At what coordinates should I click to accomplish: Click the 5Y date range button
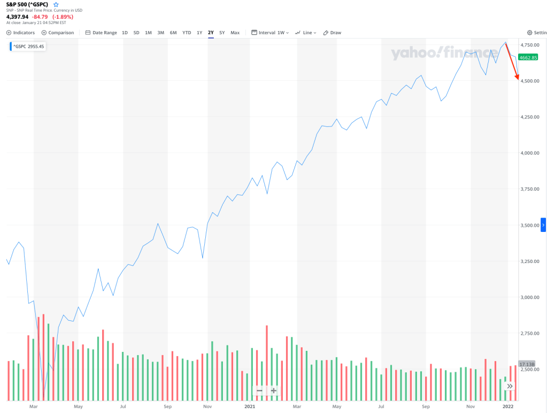(x=222, y=33)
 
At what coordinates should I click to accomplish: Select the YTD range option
(x=187, y=33)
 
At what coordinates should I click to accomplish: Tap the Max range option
(x=235, y=33)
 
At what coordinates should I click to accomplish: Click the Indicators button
(x=21, y=33)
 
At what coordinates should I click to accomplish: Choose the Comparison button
(x=58, y=33)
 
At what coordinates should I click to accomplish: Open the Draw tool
(x=332, y=33)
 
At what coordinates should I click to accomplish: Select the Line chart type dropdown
(x=306, y=33)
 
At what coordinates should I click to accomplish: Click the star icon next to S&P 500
(x=56, y=5)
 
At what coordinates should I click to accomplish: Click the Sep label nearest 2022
(x=426, y=407)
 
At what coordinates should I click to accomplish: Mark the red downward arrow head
(x=517, y=79)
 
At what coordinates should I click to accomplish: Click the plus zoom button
(x=274, y=391)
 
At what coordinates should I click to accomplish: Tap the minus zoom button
(x=259, y=391)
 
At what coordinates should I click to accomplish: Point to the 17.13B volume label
(x=527, y=364)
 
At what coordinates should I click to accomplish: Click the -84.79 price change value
(x=40, y=17)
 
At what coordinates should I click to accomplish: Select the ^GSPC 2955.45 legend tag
(x=28, y=47)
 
